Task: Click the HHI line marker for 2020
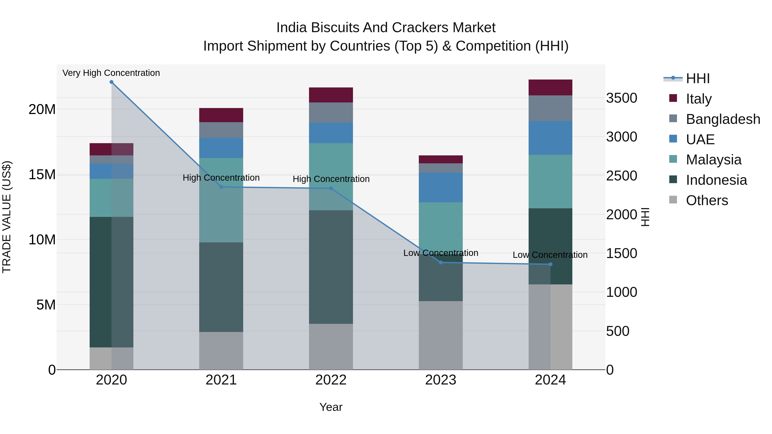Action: (112, 82)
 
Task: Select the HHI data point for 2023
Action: (440, 262)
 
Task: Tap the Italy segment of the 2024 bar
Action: (550, 87)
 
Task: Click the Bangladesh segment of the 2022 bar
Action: (331, 113)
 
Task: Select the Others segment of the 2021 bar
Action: (221, 350)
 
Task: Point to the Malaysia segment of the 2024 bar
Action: (550, 182)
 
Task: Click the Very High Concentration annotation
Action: (111, 73)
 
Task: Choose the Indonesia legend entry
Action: (716, 180)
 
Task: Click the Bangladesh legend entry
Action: (723, 119)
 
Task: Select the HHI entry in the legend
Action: (698, 78)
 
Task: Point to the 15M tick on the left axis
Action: (42, 175)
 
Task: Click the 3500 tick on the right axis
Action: (621, 98)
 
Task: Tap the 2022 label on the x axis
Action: (331, 380)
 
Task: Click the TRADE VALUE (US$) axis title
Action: (7, 217)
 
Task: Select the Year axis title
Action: (331, 407)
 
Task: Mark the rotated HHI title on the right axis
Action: (645, 217)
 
